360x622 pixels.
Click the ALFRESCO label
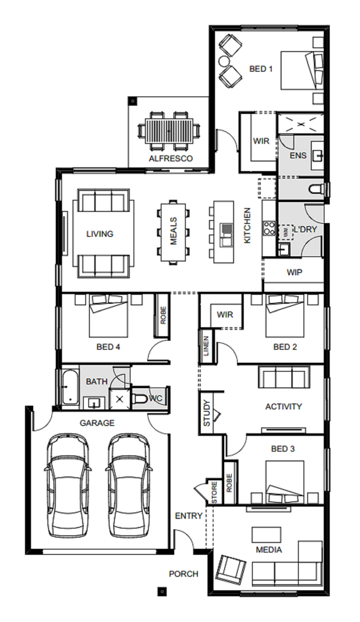(x=170, y=158)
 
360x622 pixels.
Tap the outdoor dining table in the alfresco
(x=169, y=131)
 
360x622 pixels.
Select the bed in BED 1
(x=302, y=70)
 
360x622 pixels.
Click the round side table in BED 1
(x=223, y=61)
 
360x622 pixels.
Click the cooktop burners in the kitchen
(x=269, y=228)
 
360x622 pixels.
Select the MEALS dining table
(x=173, y=232)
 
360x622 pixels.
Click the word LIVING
(x=100, y=234)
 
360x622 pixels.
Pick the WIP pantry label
(x=294, y=272)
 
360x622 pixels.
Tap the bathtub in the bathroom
(x=70, y=387)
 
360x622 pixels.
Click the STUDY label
(x=207, y=413)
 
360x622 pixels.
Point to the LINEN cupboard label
(x=206, y=346)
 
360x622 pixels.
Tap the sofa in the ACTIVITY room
(x=284, y=377)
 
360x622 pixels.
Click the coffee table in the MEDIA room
(x=266, y=535)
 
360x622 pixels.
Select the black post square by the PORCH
(x=162, y=592)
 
